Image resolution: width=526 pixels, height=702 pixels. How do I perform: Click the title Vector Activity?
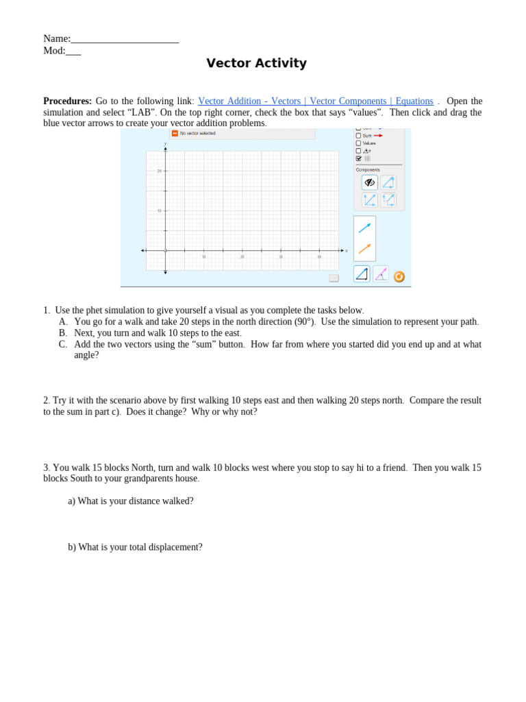256,64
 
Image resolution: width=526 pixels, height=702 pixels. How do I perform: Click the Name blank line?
125,40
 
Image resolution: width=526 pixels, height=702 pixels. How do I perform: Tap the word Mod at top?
53,51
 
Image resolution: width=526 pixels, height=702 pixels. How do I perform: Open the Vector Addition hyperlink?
315,101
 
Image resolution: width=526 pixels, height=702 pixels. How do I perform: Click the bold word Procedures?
67,101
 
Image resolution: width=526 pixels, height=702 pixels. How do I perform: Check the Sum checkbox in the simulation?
358,136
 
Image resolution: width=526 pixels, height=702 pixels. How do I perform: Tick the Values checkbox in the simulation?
358,143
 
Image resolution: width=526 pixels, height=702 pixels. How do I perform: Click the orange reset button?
399,276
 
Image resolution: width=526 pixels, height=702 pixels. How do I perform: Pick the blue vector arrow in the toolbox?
364,228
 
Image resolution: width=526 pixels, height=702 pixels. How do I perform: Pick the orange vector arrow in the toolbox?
364,248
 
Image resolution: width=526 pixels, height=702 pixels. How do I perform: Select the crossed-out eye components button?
369,182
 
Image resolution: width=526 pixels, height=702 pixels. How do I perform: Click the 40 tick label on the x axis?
319,257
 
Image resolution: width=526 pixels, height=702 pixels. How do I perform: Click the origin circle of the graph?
165,250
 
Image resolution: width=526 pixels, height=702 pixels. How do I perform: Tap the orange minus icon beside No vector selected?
175,133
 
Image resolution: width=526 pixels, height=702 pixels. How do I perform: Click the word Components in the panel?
368,170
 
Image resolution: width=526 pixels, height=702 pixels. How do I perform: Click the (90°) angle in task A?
304,322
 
